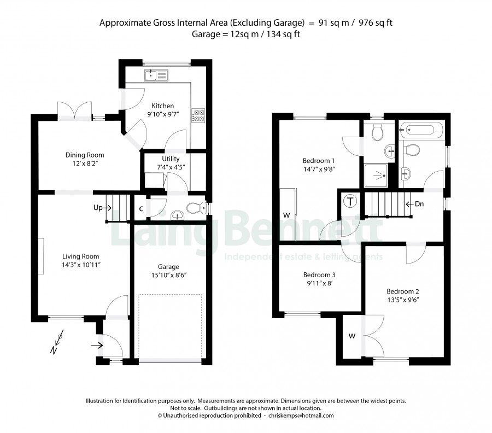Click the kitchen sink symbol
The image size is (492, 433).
(156, 75)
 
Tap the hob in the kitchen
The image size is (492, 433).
(198, 115)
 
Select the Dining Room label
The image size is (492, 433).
(85, 155)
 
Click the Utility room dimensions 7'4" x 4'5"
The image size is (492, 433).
(171, 167)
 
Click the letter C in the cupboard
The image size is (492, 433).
(141, 209)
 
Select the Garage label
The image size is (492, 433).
(168, 267)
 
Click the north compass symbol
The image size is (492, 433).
(57, 342)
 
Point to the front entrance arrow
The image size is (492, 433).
(97, 346)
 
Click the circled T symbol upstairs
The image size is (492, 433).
(350, 201)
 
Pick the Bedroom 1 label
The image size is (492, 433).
(319, 161)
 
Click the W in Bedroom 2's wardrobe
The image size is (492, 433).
(352, 336)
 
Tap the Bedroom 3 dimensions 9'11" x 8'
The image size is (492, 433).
(319, 283)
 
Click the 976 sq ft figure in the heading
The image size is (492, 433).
(376, 22)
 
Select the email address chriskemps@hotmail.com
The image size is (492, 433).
(301, 416)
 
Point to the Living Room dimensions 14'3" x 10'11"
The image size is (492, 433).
(81, 265)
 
